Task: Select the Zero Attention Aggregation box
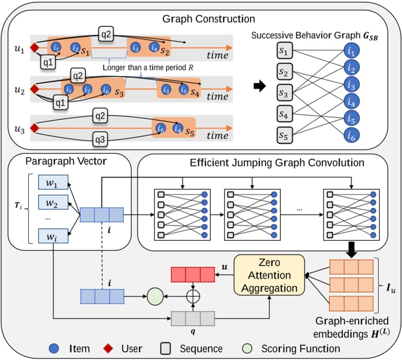(270, 274)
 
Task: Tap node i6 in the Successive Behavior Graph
(352, 135)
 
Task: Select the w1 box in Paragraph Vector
(53, 182)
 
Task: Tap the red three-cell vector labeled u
(192, 274)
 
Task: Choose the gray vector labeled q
(193, 319)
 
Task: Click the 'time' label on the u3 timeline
(217, 135)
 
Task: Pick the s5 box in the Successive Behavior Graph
(285, 135)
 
